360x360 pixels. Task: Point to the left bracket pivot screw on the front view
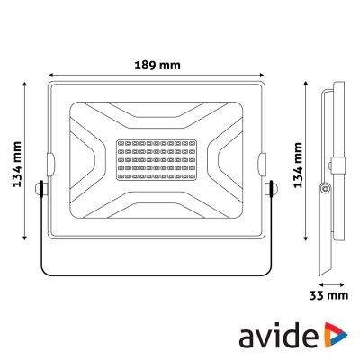click(x=41, y=188)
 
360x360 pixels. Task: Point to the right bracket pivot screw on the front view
click(x=273, y=188)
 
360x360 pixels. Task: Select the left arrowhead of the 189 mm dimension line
click(x=49, y=75)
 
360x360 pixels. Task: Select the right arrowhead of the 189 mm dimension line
click(x=266, y=75)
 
